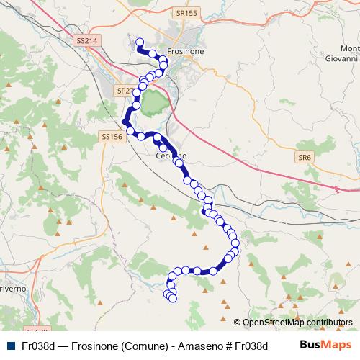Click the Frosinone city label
[x=186, y=52]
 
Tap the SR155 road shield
[x=186, y=13]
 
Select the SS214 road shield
[x=86, y=42]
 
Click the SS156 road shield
[x=112, y=136]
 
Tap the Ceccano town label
[x=171, y=156]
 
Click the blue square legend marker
[x=9, y=346]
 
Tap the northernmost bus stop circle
[x=140, y=42]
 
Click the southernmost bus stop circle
[x=173, y=297]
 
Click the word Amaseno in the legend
[x=194, y=346]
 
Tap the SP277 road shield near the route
[x=125, y=91]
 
